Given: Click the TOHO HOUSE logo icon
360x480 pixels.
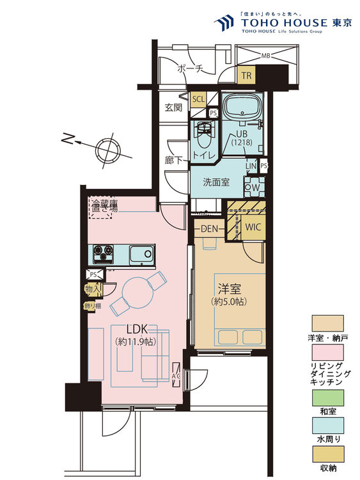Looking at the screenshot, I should [x=224, y=24].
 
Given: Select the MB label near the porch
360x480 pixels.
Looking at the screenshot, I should [x=265, y=56].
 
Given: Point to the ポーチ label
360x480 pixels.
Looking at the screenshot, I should [x=190, y=69].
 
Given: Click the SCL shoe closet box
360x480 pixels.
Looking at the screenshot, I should [x=198, y=99].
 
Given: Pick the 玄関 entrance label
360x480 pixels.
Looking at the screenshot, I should [x=173, y=108].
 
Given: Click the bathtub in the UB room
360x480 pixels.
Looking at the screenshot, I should [x=242, y=106].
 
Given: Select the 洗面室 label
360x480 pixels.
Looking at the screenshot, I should [x=216, y=182].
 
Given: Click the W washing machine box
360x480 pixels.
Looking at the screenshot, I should [x=254, y=188].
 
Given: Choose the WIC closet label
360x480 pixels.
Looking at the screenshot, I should [x=253, y=227].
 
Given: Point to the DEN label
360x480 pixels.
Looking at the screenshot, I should [x=210, y=228].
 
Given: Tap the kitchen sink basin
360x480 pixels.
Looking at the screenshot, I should [x=139, y=255].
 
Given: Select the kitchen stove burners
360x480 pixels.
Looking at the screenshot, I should [x=103, y=253].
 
